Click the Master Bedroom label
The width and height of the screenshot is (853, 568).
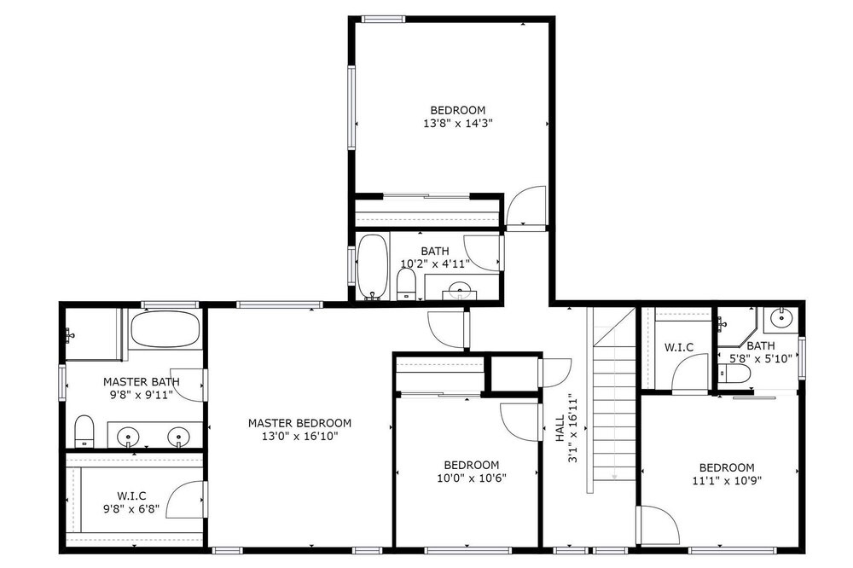click(299, 423)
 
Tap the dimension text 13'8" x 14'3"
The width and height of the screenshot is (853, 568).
click(457, 124)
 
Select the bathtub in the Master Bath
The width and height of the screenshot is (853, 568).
click(165, 328)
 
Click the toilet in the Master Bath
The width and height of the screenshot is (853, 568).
click(84, 431)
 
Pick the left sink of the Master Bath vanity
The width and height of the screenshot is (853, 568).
click(129, 437)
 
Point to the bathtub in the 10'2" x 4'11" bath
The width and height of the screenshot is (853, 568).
click(373, 267)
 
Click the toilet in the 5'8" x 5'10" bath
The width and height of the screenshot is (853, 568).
click(734, 374)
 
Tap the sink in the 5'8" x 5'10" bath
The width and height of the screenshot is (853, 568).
click(781, 317)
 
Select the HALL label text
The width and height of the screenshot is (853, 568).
click(560, 428)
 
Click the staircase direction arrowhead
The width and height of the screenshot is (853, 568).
click(614, 477)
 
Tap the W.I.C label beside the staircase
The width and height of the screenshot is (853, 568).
click(678, 347)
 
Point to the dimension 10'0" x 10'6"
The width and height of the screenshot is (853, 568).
click(472, 478)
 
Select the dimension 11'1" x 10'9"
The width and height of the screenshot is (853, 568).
click(727, 480)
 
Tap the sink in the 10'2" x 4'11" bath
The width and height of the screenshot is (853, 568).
click(461, 289)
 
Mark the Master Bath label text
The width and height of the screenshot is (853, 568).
click(142, 382)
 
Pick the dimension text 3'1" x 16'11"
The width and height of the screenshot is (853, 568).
click(572, 428)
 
